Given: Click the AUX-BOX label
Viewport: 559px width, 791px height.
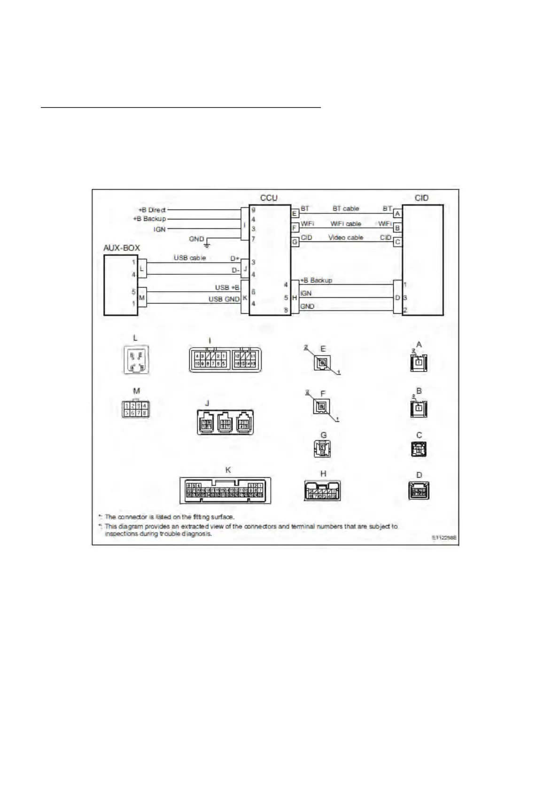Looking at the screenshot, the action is (x=121, y=248).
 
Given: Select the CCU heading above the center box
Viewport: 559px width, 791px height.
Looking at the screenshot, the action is (x=269, y=198).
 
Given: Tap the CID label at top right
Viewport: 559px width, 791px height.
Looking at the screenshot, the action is (x=421, y=198).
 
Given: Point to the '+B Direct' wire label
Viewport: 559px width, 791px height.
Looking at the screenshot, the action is (x=152, y=209).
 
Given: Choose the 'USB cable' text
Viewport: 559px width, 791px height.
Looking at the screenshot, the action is (x=190, y=258).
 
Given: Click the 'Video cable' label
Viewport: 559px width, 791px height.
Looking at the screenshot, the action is (x=346, y=238).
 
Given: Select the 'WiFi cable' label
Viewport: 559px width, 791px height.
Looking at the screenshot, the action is (x=346, y=224).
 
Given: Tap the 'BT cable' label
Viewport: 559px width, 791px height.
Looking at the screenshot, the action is (x=346, y=209).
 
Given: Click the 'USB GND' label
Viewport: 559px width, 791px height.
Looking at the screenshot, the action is (x=224, y=299).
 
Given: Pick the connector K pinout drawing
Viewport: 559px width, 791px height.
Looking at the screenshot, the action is (x=225, y=490).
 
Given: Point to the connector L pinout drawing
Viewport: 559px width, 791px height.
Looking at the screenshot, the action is (x=136, y=360).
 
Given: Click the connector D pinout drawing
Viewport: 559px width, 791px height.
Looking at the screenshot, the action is (x=419, y=490).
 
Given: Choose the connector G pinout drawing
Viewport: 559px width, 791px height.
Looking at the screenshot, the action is (x=323, y=449).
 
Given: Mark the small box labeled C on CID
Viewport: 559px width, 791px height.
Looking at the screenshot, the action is (x=397, y=242).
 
